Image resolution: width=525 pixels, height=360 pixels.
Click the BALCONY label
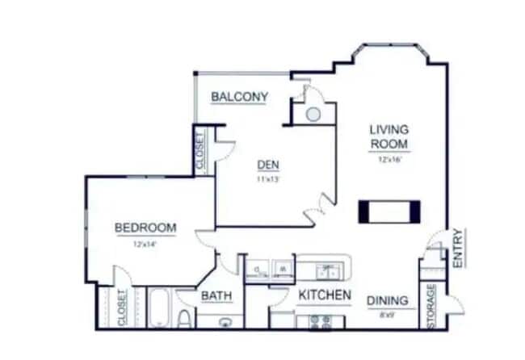pyautogui.click(x=239, y=97)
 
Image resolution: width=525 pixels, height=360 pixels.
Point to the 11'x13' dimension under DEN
pyautogui.click(x=268, y=179)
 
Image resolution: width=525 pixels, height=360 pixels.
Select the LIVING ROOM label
pyautogui.click(x=389, y=136)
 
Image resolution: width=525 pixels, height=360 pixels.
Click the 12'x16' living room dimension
pyautogui.click(x=389, y=160)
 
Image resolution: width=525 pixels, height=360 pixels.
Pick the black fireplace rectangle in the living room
pyautogui.click(x=390, y=210)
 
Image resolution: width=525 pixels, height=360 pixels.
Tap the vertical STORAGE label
pyautogui.click(x=431, y=306)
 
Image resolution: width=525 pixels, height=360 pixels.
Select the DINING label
pyautogui.click(x=388, y=301)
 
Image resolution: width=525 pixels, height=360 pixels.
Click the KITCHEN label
pyautogui.click(x=325, y=295)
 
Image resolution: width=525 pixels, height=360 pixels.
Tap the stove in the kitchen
pyautogui.click(x=321, y=321)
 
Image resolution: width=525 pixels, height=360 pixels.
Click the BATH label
pyautogui.click(x=216, y=296)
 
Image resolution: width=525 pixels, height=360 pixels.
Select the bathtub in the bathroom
pyautogui.click(x=158, y=308)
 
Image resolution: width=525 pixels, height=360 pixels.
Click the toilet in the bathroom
pyautogui.click(x=184, y=318)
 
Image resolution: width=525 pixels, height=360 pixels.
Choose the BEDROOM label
pyautogui.click(x=145, y=228)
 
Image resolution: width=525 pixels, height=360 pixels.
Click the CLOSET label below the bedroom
pyautogui.click(x=123, y=308)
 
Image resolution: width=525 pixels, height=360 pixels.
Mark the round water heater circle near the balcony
pyautogui.click(x=313, y=114)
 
